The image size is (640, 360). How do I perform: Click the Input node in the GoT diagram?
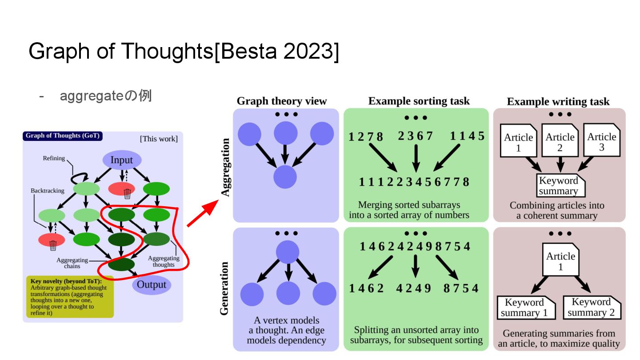(121, 160)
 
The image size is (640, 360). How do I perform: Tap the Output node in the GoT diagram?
(151, 285)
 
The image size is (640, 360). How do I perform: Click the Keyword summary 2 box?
(591, 307)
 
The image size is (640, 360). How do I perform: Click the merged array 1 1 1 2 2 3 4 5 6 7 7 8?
(414, 182)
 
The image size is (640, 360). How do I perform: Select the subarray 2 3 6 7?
(415, 136)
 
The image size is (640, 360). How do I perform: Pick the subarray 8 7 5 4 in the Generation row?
(461, 288)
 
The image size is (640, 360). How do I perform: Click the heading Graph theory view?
(281, 101)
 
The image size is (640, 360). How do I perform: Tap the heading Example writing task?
(558, 102)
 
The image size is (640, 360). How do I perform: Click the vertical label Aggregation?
(226, 167)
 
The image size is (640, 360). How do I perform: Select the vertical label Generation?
(224, 288)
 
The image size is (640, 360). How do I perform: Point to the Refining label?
(54, 158)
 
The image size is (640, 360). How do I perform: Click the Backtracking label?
(47, 191)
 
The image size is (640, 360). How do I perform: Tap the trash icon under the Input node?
(127, 193)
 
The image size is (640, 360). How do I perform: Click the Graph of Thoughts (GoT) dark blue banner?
(62, 136)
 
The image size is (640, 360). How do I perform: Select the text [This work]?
(159, 139)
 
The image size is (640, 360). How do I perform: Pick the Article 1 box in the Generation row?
(560, 261)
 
